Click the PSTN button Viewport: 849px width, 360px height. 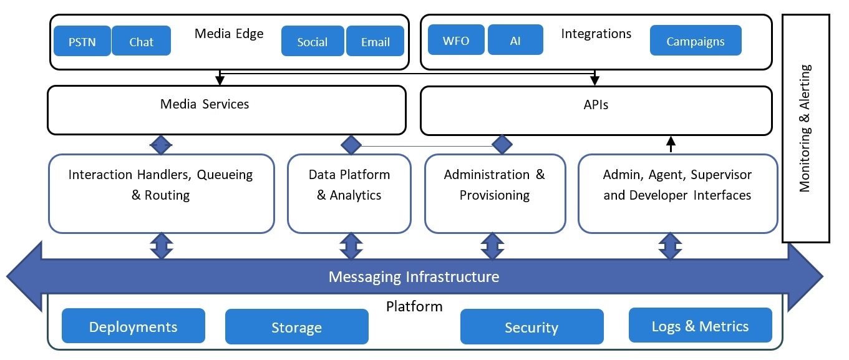point(82,41)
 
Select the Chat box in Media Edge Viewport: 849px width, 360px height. point(142,41)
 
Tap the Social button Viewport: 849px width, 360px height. point(313,41)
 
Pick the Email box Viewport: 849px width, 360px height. point(376,41)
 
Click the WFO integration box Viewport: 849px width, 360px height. point(456,40)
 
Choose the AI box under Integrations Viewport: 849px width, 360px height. point(515,40)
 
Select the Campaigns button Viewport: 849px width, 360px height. point(696,41)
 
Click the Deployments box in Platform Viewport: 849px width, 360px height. point(133,326)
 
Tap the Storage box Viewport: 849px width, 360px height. point(297,327)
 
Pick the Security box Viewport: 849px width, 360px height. point(531,327)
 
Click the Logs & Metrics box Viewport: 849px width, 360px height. point(700,325)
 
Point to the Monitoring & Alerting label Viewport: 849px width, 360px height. point(805,128)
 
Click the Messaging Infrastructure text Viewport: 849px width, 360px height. point(414,276)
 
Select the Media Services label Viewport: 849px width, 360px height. point(205,104)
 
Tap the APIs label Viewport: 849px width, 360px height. point(596,105)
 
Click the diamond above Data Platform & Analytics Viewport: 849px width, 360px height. point(351,145)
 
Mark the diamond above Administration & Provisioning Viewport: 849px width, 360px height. point(502,144)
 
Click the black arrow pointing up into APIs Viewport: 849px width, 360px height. point(671,144)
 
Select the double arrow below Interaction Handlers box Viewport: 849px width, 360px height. point(162,246)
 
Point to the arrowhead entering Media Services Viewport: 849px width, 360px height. point(220,80)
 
